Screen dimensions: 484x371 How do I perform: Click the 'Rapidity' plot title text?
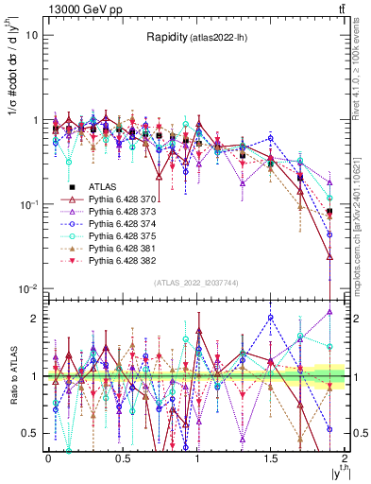166,38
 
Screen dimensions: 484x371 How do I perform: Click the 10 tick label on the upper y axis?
31,35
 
